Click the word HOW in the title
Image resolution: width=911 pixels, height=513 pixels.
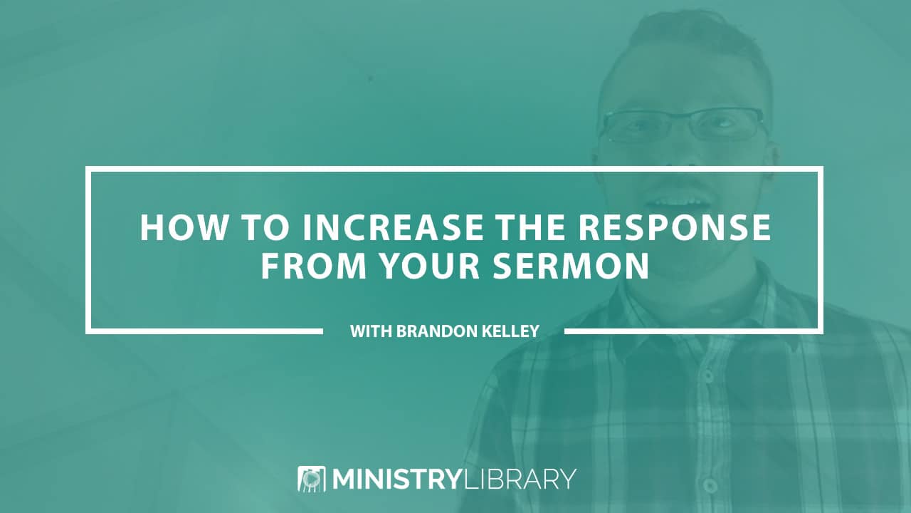pos(184,227)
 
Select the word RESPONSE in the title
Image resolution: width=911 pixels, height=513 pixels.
pos(674,227)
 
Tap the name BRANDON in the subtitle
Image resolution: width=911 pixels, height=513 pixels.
pos(436,331)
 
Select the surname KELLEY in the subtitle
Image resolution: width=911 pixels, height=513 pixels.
pos(510,331)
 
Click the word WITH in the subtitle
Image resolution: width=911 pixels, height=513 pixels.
pos(371,331)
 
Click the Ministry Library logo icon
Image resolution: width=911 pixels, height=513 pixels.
pos(312,479)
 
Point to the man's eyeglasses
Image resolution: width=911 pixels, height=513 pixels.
pos(684,125)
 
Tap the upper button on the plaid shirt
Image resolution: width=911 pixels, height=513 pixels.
pos(708,376)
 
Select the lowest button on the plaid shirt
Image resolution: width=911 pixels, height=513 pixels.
pos(710,485)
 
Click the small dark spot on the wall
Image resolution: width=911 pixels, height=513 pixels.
pos(370,78)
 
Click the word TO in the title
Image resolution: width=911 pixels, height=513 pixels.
pos(265,227)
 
